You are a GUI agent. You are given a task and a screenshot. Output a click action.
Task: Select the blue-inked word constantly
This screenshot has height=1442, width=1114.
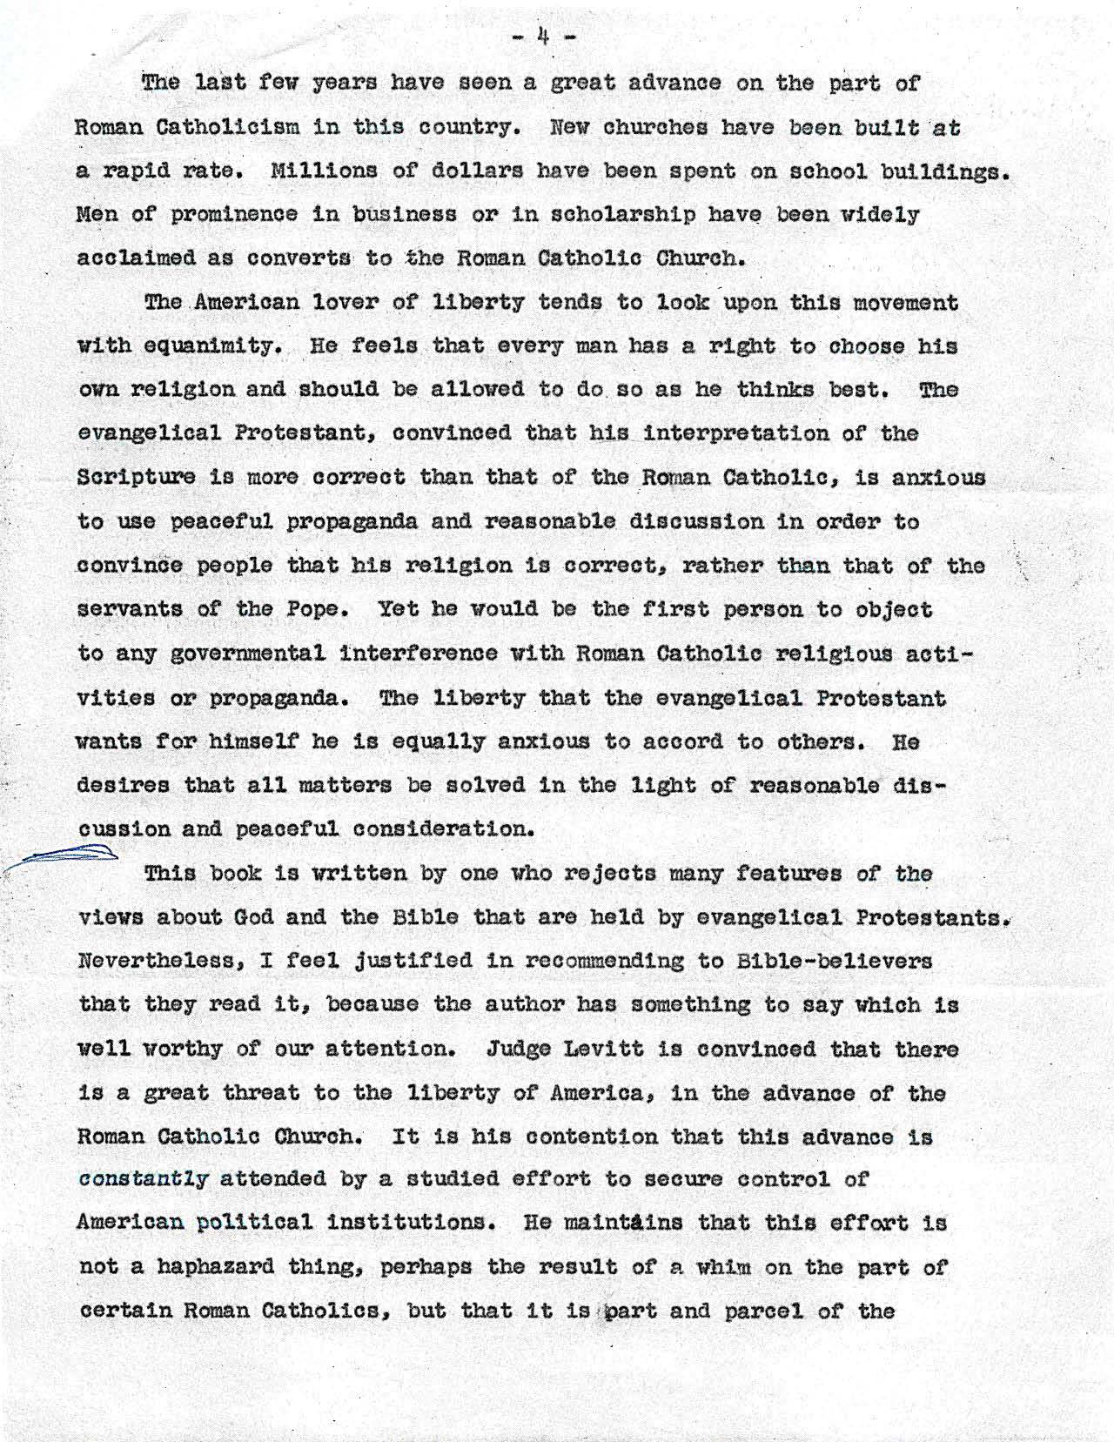pyautogui.click(x=144, y=1179)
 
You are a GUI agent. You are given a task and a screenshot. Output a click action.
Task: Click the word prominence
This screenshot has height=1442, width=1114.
pyautogui.click(x=236, y=214)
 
